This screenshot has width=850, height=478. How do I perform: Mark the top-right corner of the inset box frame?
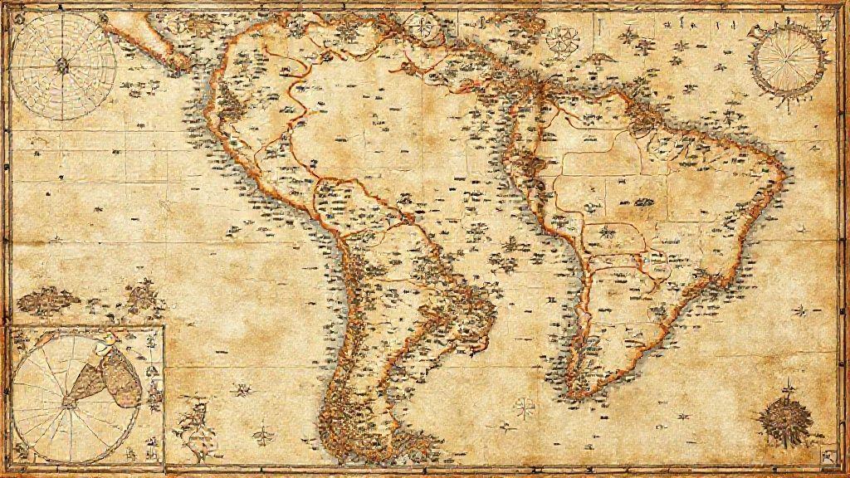tap(164, 326)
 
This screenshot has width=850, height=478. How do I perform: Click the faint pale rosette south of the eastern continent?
tap(524, 407)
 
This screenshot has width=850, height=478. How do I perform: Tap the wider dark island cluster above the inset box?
tap(48, 300)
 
